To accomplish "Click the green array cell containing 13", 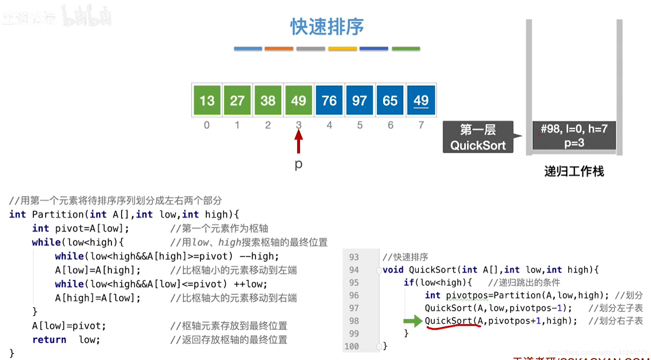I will [x=207, y=100].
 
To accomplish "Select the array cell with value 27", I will [x=237, y=100].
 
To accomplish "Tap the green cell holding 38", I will [x=268, y=100].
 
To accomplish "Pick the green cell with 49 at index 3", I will [x=298, y=100].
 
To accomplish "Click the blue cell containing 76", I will [x=329, y=100].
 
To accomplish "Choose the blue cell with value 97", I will [x=360, y=100].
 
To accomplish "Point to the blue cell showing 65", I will [x=390, y=100].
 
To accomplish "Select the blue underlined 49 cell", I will [x=421, y=100].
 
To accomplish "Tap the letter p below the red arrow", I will [x=299, y=164].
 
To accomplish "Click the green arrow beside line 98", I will [x=413, y=321].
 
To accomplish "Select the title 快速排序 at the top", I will [x=327, y=27].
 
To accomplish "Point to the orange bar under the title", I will [x=279, y=48].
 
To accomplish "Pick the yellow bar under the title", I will [x=343, y=48].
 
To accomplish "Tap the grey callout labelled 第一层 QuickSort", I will [x=478, y=137].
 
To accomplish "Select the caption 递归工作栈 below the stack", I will [x=574, y=171].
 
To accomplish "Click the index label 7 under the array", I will [x=421, y=125].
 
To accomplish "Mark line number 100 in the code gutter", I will [x=352, y=346].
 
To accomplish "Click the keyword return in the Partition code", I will [x=49, y=340].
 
